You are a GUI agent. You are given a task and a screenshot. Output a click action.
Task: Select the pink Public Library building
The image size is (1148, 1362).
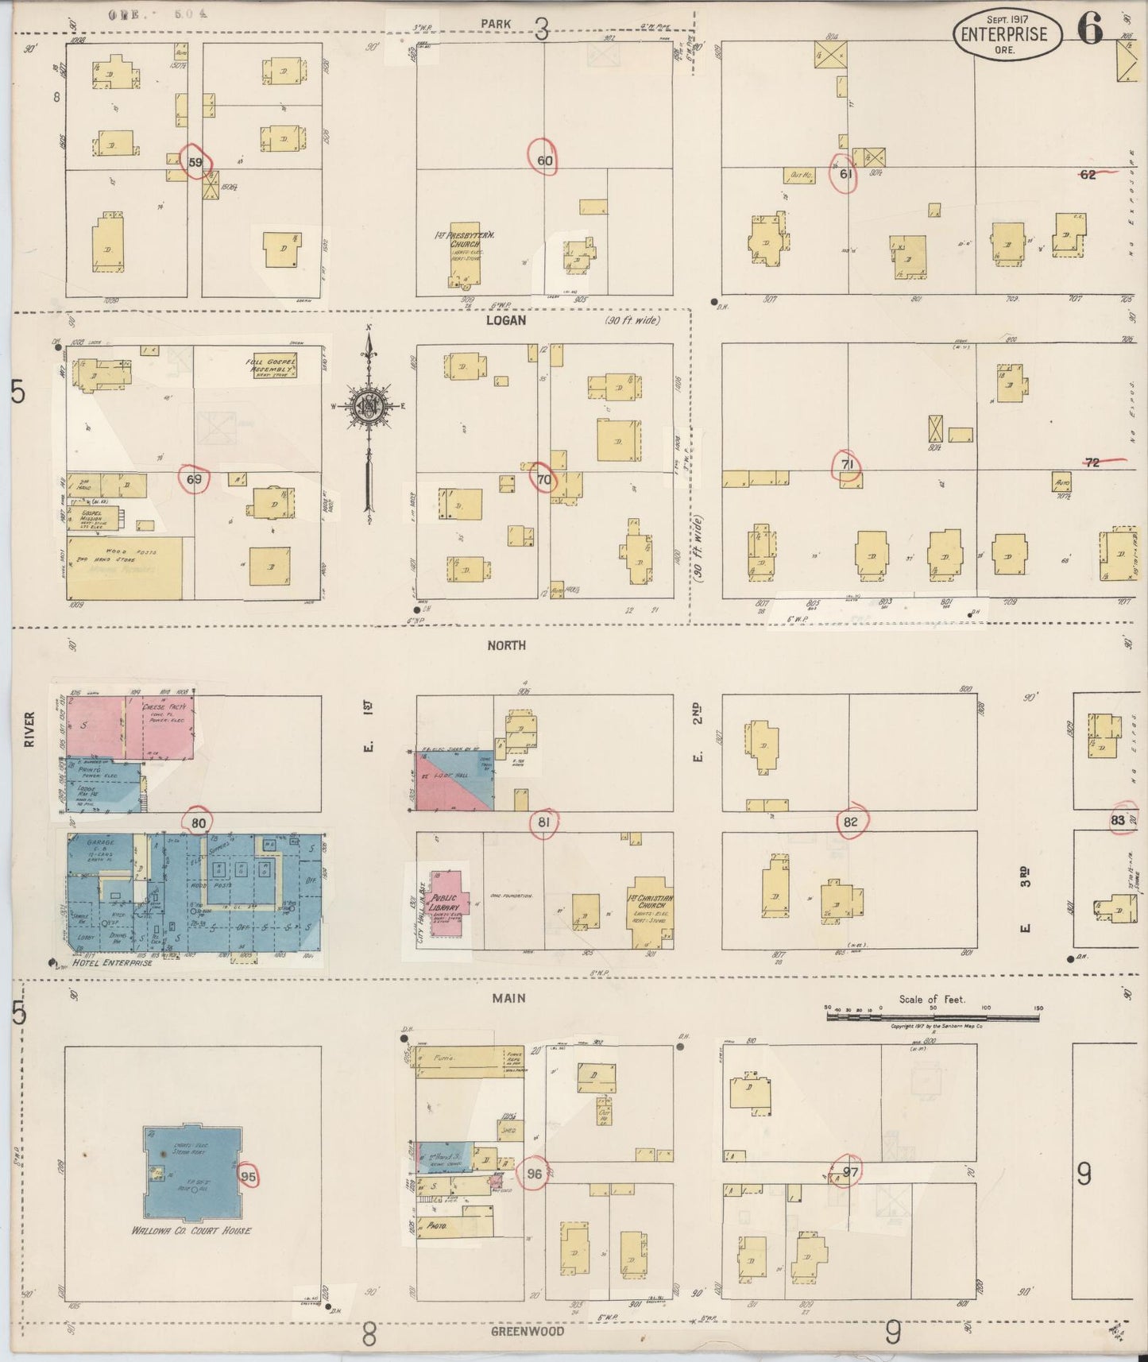(446, 904)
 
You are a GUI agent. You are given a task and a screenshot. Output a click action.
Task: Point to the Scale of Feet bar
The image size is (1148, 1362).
(933, 1015)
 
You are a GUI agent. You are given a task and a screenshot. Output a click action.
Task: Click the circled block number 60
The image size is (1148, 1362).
(544, 160)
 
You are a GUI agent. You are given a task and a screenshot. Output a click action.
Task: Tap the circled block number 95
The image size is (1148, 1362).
(249, 1176)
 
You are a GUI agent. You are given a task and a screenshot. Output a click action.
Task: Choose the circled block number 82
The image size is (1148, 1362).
(851, 822)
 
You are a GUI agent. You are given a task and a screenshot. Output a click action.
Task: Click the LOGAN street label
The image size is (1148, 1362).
(507, 320)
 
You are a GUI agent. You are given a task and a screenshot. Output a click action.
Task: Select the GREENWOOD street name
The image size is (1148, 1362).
(527, 1331)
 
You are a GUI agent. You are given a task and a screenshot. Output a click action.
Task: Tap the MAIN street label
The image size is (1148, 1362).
(508, 998)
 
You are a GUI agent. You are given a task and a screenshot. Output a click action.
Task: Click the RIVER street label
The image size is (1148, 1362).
(29, 729)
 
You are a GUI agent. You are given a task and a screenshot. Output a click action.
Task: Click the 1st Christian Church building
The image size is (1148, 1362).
(651, 912)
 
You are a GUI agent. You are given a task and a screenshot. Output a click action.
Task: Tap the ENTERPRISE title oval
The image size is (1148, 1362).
(1007, 35)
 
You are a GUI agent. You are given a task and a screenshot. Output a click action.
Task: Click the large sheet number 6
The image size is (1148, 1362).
(1090, 29)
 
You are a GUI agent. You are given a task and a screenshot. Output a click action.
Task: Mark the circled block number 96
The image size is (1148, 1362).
(534, 1174)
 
